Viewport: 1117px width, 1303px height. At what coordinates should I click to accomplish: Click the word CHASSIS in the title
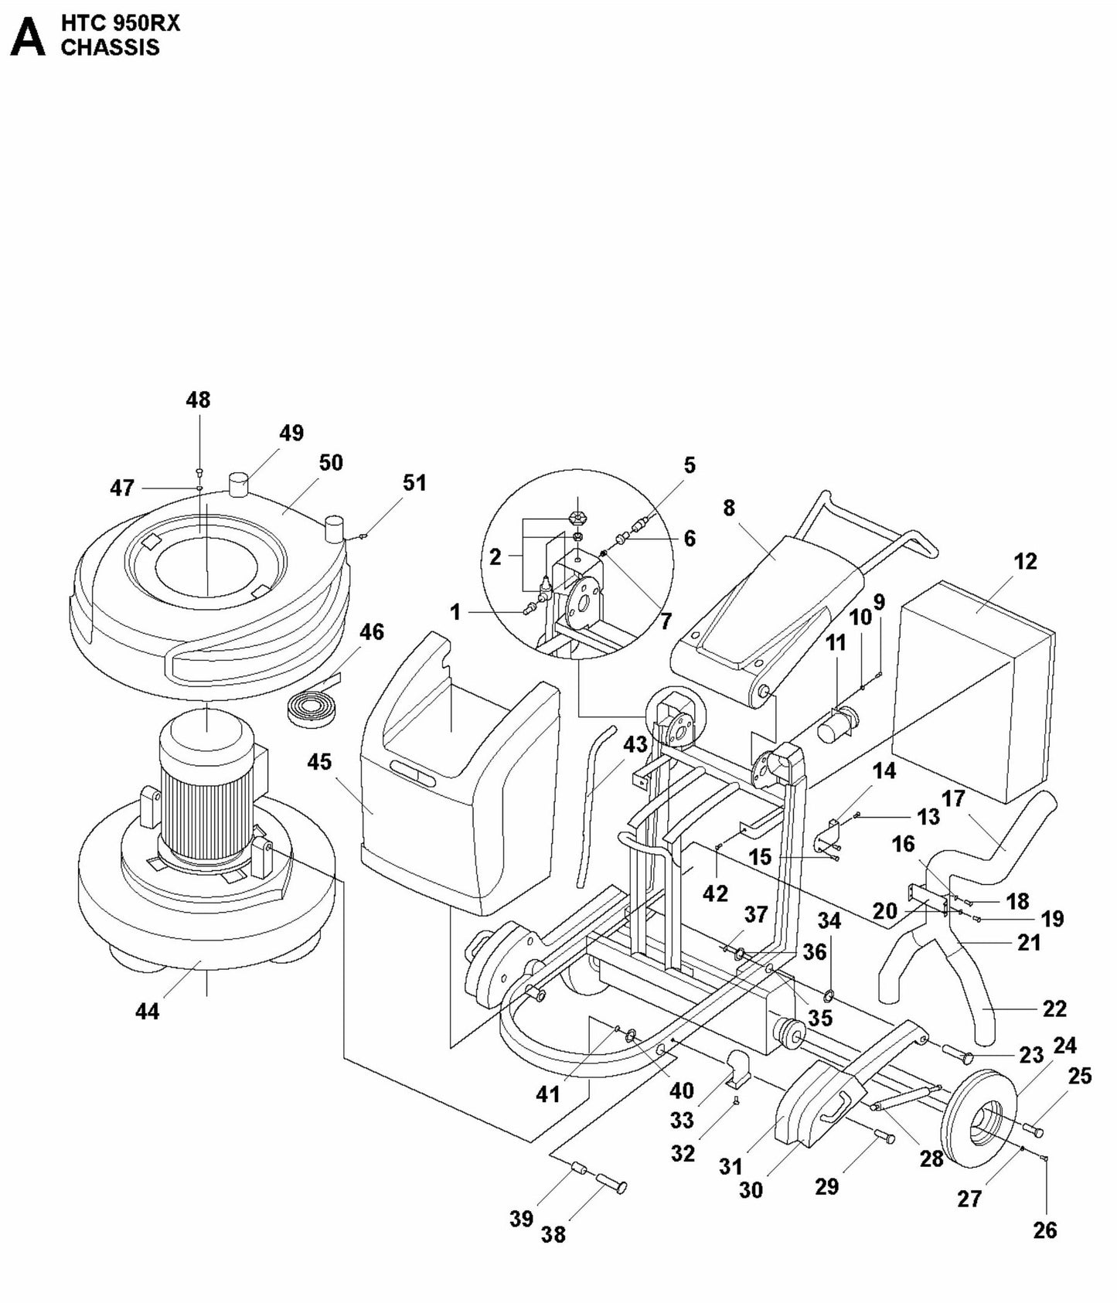pos(110,47)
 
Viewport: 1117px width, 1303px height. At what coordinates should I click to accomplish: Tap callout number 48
pos(198,400)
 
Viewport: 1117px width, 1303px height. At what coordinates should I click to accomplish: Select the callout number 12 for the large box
pos(1025,561)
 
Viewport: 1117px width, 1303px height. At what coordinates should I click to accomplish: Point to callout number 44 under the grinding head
pos(147,1011)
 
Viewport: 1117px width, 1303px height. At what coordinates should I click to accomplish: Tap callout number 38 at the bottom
pos(553,1234)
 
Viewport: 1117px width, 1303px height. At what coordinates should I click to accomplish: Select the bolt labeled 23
pos(958,1052)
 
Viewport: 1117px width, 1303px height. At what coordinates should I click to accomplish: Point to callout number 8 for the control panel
pos(729,509)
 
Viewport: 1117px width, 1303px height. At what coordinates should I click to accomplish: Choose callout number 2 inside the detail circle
pos(495,556)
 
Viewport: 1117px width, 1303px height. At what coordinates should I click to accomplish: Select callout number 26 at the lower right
pos(1044,1230)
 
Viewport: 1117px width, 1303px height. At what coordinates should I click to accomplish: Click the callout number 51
pos(414,482)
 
